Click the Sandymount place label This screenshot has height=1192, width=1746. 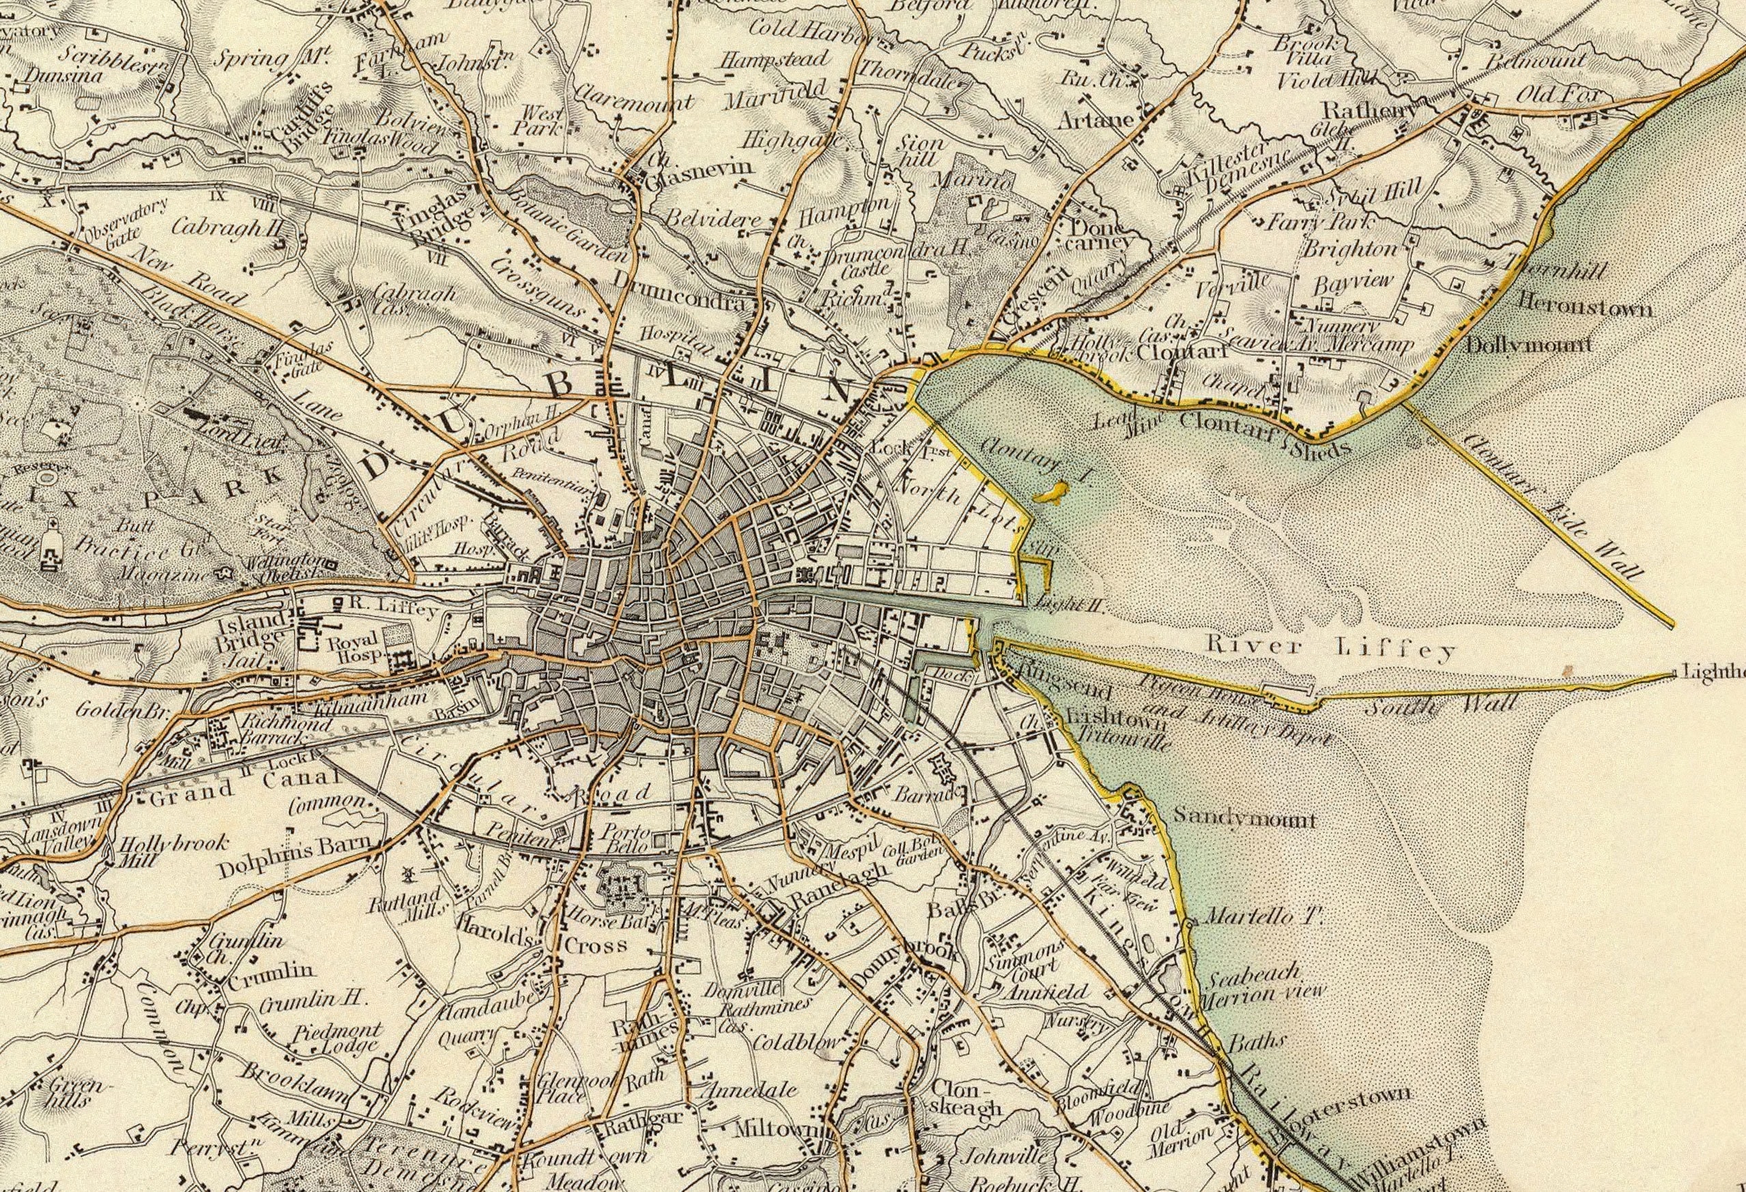pos(1244,818)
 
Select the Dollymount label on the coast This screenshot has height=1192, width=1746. pos(1529,345)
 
